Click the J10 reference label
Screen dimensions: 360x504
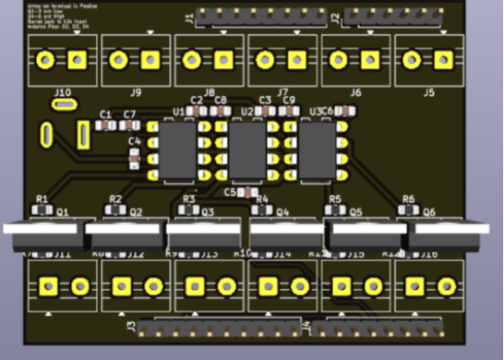62,93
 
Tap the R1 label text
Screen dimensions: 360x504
42,199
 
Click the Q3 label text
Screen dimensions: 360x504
209,211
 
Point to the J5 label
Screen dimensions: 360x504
428,93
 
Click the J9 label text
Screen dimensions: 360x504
136,93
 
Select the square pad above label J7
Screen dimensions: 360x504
296,61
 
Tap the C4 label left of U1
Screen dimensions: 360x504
135,142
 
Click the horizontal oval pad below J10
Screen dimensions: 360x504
63,106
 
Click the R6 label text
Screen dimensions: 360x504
408,199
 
